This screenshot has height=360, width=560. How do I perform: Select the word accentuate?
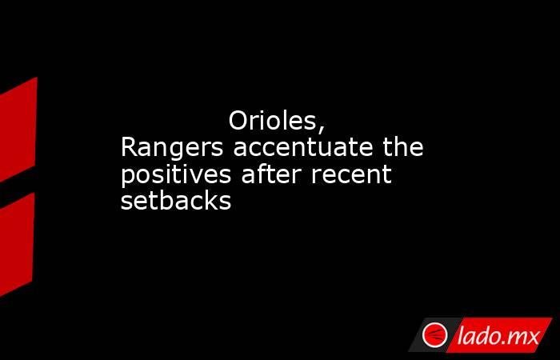point(303,147)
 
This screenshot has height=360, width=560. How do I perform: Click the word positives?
point(176,176)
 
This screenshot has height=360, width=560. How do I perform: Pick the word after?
point(271,174)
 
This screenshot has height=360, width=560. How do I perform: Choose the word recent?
point(351,174)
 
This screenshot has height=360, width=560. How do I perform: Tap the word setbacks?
point(176,200)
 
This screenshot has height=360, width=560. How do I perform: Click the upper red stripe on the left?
point(18,130)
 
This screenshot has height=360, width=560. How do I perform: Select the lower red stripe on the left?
point(17,244)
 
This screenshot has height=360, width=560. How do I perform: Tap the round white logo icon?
point(434,335)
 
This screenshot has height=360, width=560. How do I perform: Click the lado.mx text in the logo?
point(498,336)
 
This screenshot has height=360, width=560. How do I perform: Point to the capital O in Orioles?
point(238,121)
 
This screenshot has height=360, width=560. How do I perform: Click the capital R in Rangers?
point(130,147)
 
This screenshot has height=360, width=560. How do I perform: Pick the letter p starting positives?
point(128,178)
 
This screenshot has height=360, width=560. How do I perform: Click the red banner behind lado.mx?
point(499,335)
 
